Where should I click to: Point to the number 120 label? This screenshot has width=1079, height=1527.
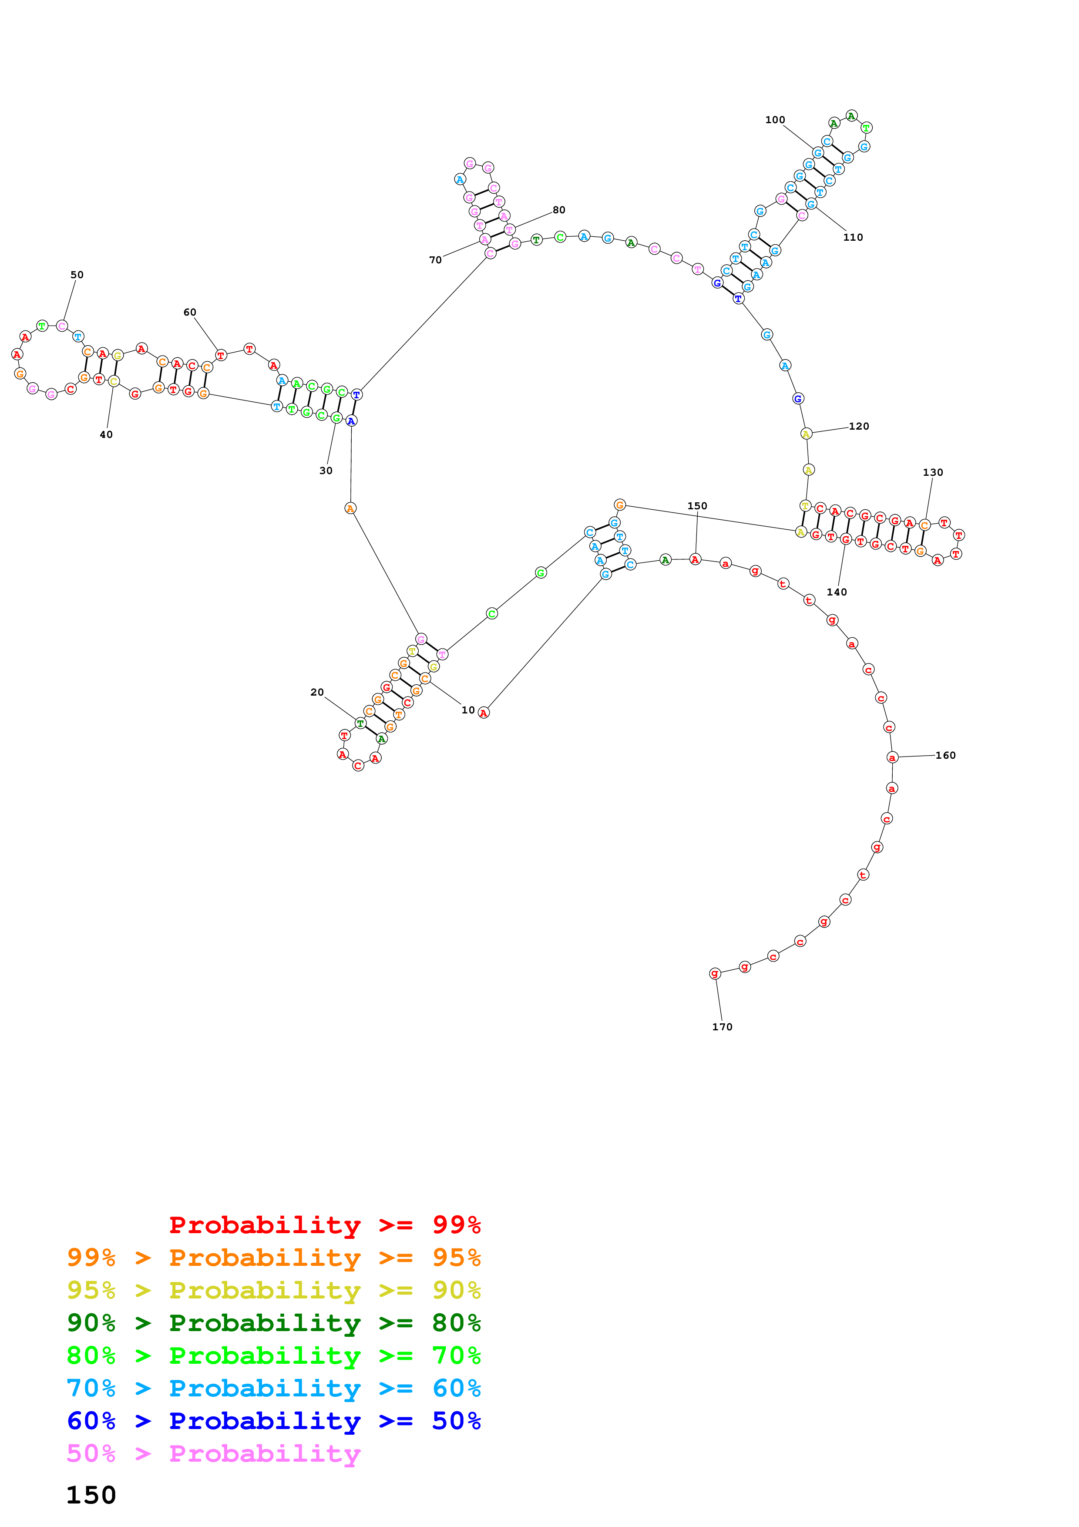pyautogui.click(x=858, y=426)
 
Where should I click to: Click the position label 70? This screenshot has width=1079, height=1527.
pyautogui.click(x=435, y=260)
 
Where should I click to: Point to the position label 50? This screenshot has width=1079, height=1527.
pyautogui.click(x=77, y=275)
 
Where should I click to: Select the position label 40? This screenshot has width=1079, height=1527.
pyautogui.click(x=106, y=435)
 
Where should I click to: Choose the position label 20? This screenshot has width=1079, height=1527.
pyautogui.click(x=317, y=693)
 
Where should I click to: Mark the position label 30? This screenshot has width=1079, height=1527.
pyautogui.click(x=326, y=471)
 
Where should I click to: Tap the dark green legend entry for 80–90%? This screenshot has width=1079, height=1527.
pyautogui.click(x=273, y=1323)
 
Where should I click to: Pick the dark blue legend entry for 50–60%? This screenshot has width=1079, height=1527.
pyautogui.click(x=273, y=1421)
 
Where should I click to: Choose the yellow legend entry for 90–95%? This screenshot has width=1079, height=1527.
pyautogui.click(x=273, y=1290)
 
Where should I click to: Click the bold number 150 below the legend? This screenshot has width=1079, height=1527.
pyautogui.click(x=91, y=1496)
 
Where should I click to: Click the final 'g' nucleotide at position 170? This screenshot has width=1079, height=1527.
pyautogui.click(x=715, y=974)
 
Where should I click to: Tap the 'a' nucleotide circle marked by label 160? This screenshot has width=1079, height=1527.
pyautogui.click(x=892, y=757)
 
